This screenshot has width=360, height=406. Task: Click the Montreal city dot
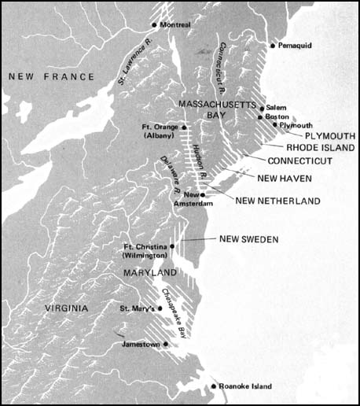click(153, 25)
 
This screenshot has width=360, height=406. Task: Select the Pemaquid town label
click(296, 46)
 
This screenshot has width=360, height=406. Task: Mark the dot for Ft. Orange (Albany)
click(183, 126)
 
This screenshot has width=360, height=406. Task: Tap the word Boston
click(280, 116)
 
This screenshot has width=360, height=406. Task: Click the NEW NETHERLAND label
click(277, 201)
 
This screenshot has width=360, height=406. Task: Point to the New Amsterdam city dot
click(204, 194)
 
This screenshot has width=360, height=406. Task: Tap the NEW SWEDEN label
click(250, 238)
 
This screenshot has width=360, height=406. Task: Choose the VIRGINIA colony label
click(67, 308)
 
